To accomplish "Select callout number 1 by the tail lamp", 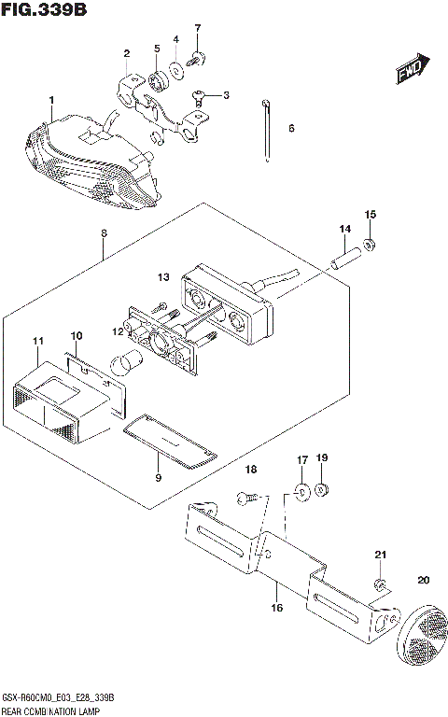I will point(51,100).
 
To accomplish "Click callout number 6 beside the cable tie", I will point(290,128).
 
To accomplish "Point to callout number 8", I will point(104,232).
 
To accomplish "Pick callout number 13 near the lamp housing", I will point(163,277).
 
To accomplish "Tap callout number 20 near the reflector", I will point(424,581).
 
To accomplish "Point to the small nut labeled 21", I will point(380,585).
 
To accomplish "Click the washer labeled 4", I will point(175,68).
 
